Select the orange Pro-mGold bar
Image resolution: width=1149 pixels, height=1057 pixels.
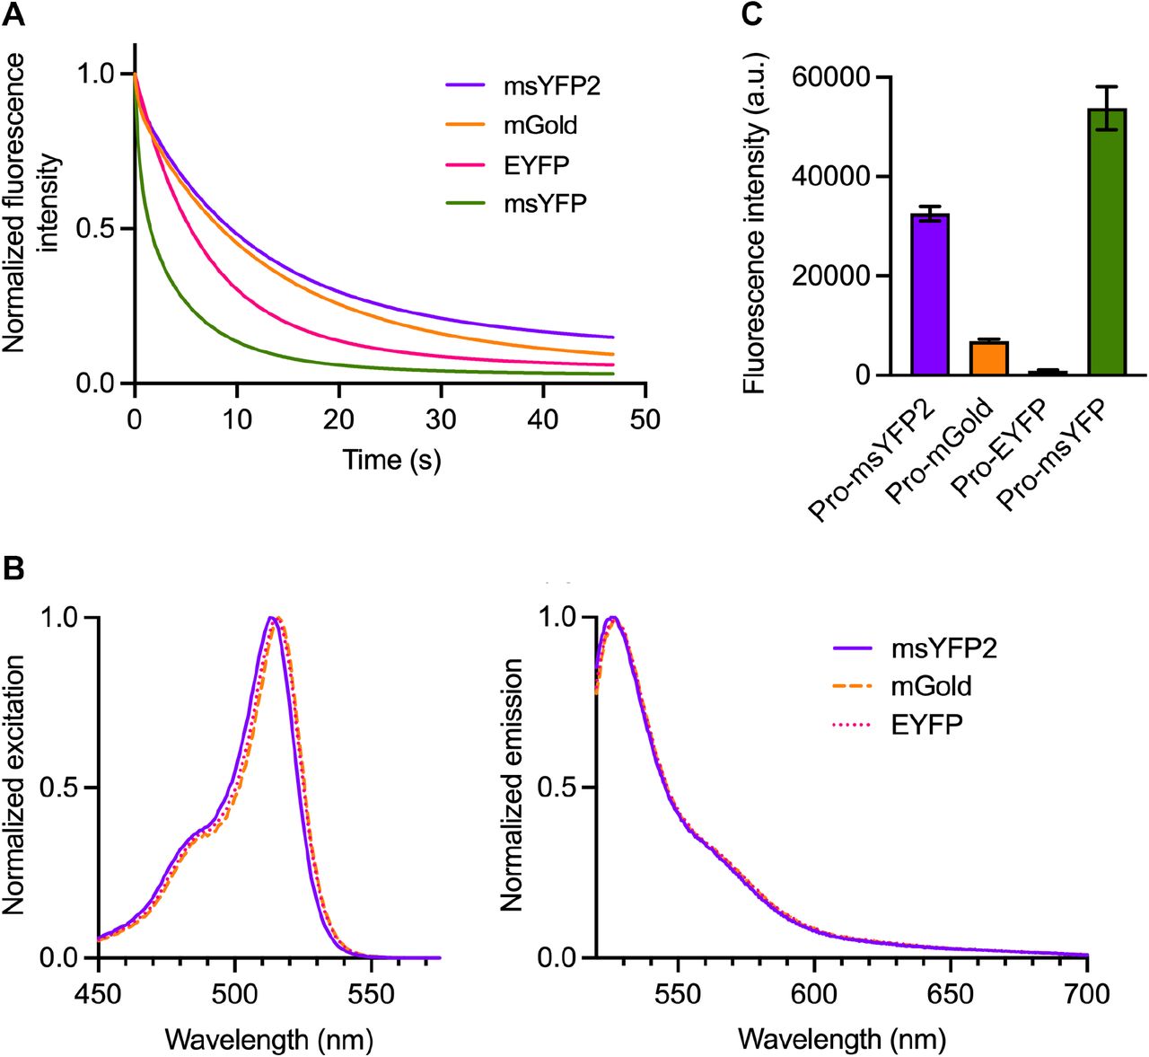988,358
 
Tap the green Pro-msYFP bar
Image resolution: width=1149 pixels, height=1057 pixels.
1106,242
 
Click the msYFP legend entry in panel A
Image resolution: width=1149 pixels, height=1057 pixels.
544,204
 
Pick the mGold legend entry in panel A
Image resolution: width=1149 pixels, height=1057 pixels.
539,126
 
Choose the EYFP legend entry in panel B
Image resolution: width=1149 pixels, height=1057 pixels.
925,725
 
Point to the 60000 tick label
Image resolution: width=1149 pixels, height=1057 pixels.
831,78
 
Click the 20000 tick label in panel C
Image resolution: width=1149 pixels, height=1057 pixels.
831,277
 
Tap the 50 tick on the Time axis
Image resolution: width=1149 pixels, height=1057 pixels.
645,419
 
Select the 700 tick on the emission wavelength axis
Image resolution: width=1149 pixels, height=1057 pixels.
1087,994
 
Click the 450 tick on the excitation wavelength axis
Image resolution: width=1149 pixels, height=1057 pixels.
98,994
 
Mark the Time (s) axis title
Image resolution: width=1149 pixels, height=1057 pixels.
391,460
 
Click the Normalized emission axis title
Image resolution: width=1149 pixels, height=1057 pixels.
512,785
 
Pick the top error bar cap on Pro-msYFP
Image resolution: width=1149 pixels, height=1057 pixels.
1106,87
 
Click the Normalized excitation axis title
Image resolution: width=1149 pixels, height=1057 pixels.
14,785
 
